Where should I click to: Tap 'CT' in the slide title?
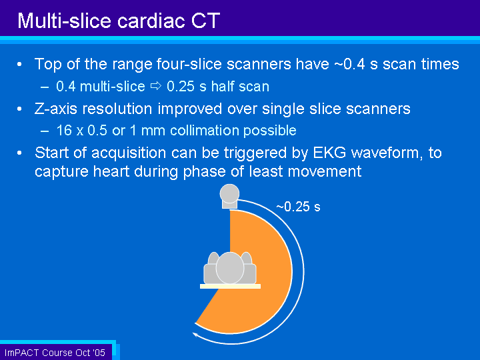click(x=206, y=21)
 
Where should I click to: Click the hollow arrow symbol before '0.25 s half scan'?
click(x=156, y=86)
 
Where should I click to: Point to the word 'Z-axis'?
click(x=56, y=109)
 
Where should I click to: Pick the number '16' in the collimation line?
click(x=64, y=131)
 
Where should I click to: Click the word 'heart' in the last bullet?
click(x=111, y=171)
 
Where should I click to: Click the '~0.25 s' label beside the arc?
click(x=298, y=207)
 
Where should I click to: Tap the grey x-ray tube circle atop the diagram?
click(x=229, y=194)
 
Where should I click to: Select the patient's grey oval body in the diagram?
click(x=230, y=268)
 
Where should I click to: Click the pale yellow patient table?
click(x=230, y=286)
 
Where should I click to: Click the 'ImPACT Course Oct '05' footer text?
click(x=55, y=353)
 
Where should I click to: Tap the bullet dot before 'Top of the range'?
click(x=19, y=64)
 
